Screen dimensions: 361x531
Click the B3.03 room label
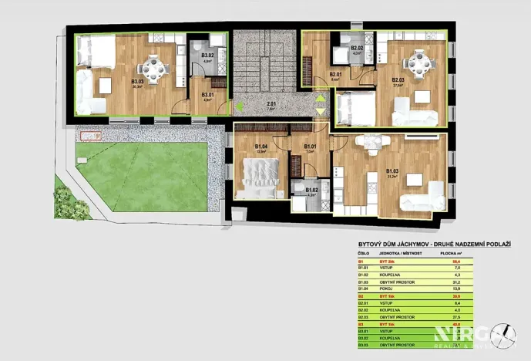[x=138, y=82]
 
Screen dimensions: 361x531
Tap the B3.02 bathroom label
[x=207, y=56]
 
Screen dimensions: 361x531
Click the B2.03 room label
[x=398, y=79]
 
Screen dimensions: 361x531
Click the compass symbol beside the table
[x=506, y=335]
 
